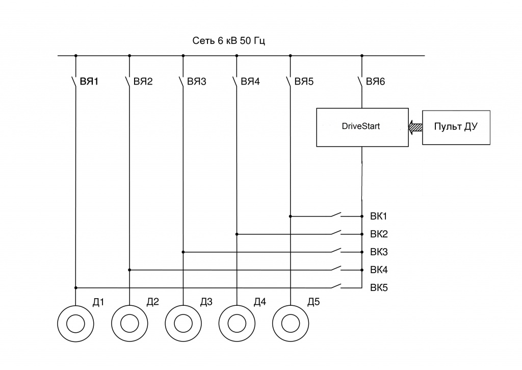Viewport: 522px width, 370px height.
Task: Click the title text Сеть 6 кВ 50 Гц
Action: click(228, 41)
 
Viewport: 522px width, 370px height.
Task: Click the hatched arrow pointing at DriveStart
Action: click(415, 127)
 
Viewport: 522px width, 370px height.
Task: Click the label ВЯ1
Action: click(89, 82)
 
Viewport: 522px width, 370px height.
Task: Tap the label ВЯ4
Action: click(250, 82)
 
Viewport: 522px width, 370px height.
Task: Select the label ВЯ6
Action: click(375, 82)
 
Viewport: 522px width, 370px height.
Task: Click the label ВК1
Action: click(379, 216)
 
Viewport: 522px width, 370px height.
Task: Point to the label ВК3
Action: click(379, 252)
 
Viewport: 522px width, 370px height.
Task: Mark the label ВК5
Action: click(379, 287)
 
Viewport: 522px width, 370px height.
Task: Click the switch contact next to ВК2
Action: click(336, 232)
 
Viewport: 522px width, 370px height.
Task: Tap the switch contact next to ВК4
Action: click(336, 268)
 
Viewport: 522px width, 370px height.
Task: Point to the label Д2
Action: click(152, 302)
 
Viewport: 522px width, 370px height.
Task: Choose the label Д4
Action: click(259, 302)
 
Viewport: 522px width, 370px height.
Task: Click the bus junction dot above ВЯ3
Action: click(183, 56)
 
